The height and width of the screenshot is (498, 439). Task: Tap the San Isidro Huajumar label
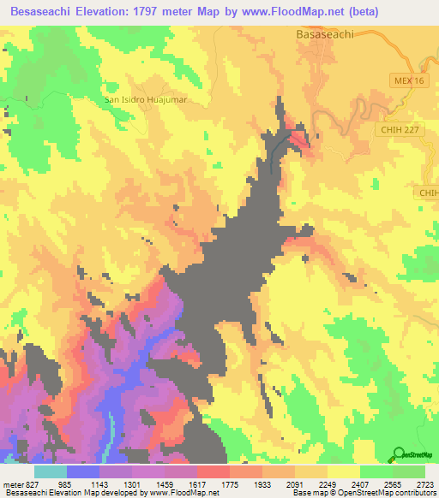146,98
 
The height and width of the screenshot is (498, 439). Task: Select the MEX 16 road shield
410,80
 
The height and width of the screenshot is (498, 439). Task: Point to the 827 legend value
29,484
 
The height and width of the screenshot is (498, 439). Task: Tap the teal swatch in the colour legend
51,471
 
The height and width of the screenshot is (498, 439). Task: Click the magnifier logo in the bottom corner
400,454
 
